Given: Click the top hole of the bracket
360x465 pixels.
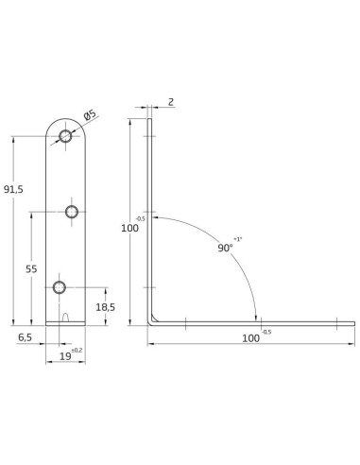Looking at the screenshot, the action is (65, 136).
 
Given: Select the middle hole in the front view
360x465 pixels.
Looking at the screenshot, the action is (72, 212).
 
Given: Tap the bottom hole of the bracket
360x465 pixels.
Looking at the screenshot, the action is (60, 287).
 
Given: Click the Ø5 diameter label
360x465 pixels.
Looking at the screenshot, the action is (90, 115).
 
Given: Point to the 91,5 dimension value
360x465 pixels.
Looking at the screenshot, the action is (13, 189).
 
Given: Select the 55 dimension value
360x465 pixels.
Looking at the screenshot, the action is (31, 269).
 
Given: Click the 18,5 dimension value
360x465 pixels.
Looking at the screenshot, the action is (105, 307).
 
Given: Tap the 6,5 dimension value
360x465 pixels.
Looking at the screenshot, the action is (25, 337).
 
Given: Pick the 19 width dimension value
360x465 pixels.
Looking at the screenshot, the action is (65, 356).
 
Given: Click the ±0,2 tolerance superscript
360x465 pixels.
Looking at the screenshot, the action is (77, 350).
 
